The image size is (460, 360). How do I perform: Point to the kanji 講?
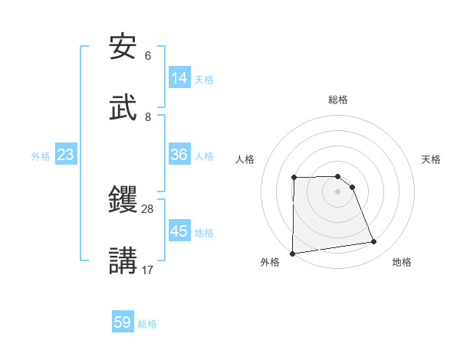click(123, 260)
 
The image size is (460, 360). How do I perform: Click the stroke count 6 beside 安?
click(148, 56)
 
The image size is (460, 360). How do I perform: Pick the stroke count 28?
click(148, 208)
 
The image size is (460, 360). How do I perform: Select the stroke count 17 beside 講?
click(148, 270)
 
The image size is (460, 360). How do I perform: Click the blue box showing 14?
click(179, 78)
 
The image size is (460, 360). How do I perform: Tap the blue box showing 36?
click(179, 155)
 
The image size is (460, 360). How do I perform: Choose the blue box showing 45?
click(179, 231)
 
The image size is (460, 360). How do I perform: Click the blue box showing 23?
click(66, 155)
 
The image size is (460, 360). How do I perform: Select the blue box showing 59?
click(123, 322)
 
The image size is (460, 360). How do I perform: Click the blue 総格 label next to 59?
click(147, 324)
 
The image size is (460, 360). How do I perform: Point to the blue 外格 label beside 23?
click(41, 156)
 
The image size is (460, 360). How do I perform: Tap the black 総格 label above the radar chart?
click(338, 100)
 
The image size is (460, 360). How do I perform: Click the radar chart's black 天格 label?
click(431, 159)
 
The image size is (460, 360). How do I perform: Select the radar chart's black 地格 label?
click(402, 262)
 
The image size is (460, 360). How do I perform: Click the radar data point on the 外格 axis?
click(292, 254)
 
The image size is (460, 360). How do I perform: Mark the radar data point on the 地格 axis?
click(374, 242)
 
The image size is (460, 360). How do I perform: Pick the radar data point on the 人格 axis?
click(294, 178)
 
